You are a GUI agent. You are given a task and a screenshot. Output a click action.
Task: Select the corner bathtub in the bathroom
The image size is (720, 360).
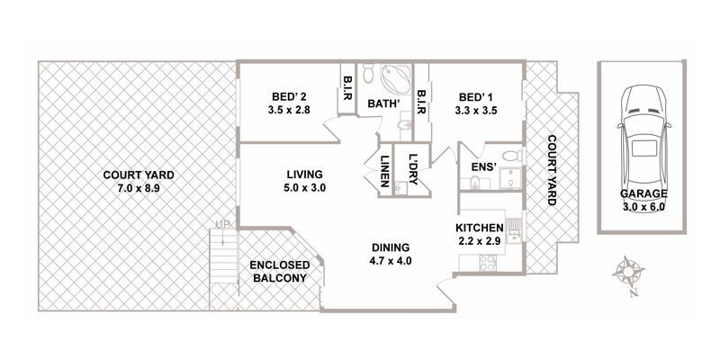395,79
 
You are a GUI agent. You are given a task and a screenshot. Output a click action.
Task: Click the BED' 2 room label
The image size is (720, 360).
289,97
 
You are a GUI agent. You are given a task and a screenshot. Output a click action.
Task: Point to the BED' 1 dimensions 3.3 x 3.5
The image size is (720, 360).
476,111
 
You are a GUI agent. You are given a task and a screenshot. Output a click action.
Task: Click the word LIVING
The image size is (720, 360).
305,175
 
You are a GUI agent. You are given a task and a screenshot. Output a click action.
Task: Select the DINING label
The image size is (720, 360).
391,247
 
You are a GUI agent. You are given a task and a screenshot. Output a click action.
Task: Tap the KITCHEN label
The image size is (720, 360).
480,228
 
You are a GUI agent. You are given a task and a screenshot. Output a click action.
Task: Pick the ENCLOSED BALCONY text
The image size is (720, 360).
280,272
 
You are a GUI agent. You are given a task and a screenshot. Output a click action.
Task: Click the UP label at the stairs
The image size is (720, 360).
222,224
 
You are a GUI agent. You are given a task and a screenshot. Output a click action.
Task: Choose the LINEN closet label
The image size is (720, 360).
385,170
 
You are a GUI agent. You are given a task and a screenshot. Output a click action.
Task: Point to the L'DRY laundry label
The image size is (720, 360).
412,169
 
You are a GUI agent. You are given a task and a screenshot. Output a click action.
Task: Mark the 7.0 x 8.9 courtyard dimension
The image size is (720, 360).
139,187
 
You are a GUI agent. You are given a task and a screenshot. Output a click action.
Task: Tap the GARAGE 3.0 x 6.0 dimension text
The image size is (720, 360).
643,207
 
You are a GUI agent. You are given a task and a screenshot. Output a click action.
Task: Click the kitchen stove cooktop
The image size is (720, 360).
487,263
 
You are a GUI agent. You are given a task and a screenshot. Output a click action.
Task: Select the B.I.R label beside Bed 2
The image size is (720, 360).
346,88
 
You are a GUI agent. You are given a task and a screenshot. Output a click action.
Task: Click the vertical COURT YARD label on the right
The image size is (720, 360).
552,170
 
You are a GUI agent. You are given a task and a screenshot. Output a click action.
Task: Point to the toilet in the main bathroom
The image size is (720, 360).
369,74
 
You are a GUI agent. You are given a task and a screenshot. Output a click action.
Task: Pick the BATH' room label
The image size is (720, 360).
382,103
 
